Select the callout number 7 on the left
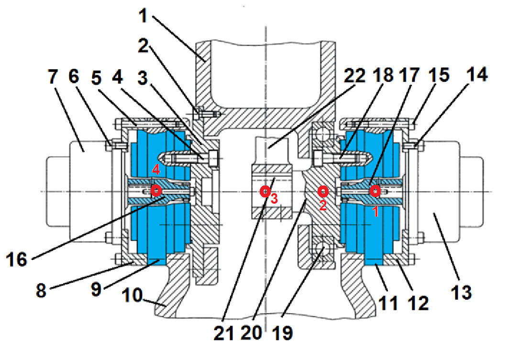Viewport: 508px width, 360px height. click(54, 76)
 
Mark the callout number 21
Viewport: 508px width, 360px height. click(223, 333)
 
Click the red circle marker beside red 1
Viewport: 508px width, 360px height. click(375, 191)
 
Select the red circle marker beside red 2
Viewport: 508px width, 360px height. click(323, 192)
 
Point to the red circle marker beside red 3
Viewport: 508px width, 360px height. click(264, 192)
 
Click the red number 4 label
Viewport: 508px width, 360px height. click(155, 169)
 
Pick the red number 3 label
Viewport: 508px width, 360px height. click(274, 199)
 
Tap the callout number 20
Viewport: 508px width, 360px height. click(252, 333)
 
